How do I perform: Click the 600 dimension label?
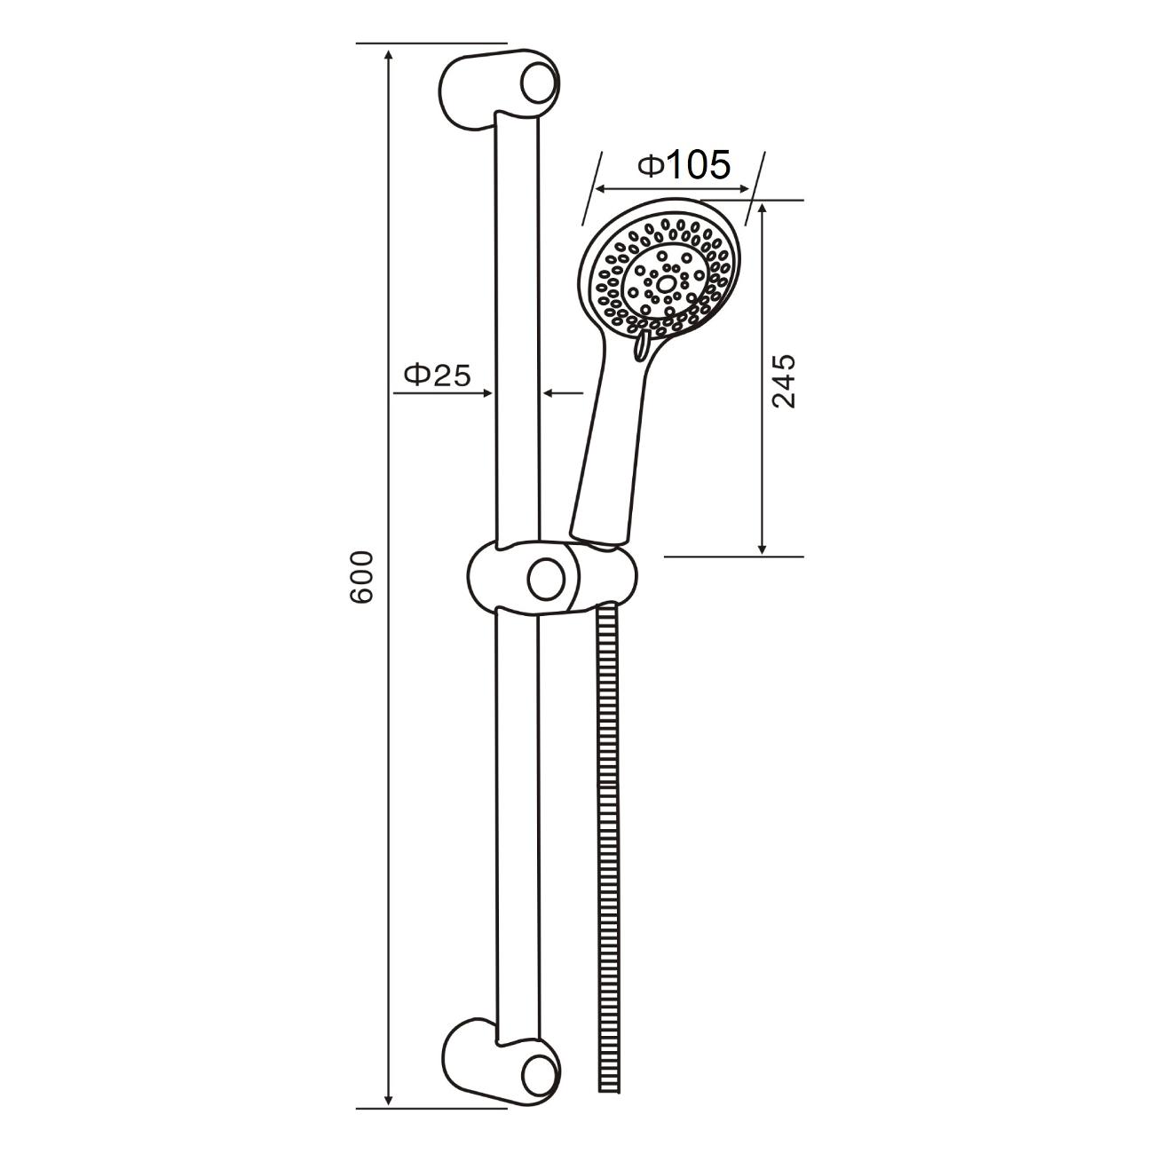tap(362, 577)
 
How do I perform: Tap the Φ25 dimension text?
tap(438, 375)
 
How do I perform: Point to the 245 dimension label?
tap(784, 381)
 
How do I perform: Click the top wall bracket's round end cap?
tap(540, 83)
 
